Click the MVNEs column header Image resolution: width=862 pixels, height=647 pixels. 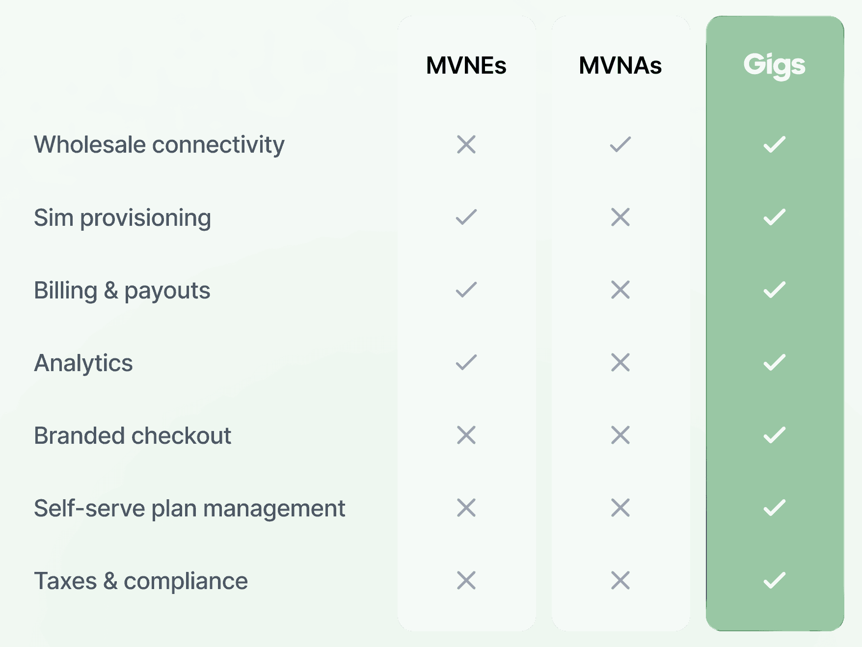click(x=466, y=66)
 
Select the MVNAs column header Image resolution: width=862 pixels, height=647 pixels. click(x=620, y=66)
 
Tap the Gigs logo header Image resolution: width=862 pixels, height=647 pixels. click(x=774, y=65)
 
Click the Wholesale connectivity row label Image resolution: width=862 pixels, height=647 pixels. click(x=159, y=145)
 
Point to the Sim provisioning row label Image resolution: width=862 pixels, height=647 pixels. click(x=122, y=217)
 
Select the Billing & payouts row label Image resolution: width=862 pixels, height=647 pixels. click(x=122, y=290)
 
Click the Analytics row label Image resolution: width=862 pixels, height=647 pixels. click(x=83, y=363)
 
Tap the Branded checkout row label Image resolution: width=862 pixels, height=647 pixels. click(x=132, y=435)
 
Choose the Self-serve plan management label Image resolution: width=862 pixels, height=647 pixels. click(x=189, y=508)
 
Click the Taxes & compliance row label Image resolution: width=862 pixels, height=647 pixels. click(x=141, y=581)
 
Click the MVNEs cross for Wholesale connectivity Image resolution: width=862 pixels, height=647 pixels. click(x=466, y=144)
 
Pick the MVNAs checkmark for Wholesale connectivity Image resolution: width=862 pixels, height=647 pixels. click(x=620, y=144)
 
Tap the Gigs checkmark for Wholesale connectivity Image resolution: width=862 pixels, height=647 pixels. click(x=774, y=144)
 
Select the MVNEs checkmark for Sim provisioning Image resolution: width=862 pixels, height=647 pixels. click(x=466, y=217)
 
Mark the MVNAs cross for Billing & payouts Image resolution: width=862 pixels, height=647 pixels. click(x=620, y=290)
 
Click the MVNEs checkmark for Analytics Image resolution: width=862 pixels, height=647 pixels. click(x=466, y=362)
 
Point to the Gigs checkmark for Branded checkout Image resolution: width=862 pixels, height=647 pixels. click(x=774, y=435)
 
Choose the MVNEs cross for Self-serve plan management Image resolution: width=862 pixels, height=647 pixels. click(x=466, y=508)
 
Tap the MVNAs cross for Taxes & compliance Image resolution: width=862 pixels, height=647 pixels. click(x=620, y=580)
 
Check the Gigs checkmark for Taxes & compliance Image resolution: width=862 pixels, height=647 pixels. click(x=774, y=580)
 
